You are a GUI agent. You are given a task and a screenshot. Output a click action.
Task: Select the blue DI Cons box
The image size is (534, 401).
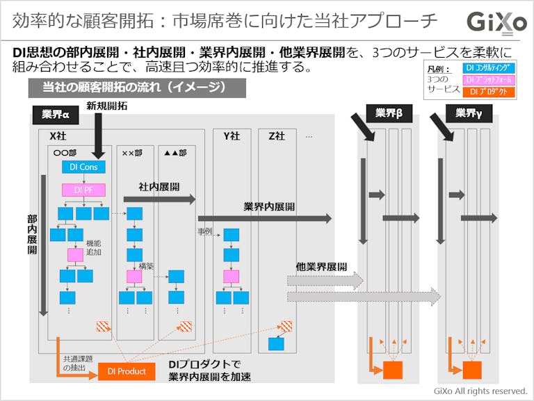click(83, 167)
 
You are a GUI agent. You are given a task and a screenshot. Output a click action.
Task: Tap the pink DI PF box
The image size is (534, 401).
click(83, 189)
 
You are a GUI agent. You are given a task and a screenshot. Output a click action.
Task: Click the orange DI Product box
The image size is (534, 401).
click(127, 371)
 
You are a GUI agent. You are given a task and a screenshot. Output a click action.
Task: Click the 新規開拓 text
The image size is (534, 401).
click(107, 106)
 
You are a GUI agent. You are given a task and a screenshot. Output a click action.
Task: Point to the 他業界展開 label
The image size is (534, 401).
click(321, 266)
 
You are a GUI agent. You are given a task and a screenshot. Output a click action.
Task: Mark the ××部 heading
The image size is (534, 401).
click(132, 152)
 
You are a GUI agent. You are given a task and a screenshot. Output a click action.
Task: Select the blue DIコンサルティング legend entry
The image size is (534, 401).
click(489, 68)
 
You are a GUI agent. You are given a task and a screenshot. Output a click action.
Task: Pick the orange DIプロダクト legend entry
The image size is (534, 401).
click(489, 92)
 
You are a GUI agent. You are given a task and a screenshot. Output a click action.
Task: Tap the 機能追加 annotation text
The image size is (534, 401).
click(93, 247)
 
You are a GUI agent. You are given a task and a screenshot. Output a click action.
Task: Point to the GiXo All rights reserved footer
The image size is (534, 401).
click(480, 391)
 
